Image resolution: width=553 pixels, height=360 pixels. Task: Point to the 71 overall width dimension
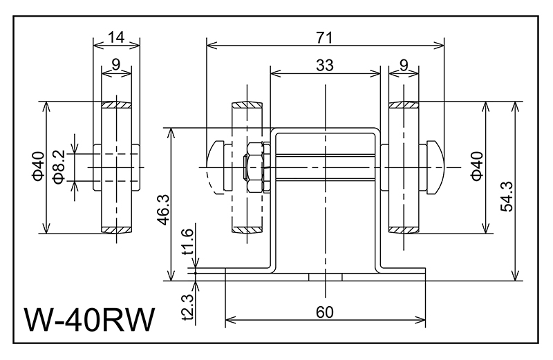[x=325, y=36]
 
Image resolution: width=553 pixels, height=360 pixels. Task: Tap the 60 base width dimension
[x=325, y=312]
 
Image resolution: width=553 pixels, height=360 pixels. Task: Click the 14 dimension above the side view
[x=117, y=37]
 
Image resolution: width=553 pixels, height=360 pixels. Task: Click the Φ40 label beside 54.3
[x=476, y=167]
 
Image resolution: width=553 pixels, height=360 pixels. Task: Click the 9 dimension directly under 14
[x=116, y=65]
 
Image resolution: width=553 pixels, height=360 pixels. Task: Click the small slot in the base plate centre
[x=325, y=276]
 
